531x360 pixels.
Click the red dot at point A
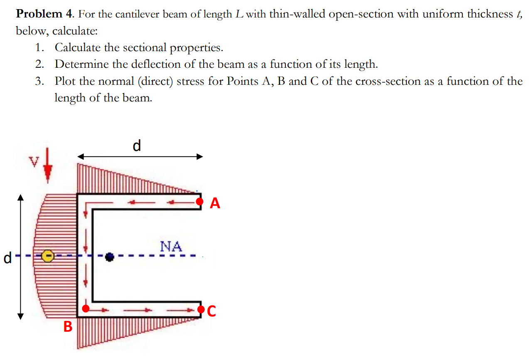click(x=200, y=202)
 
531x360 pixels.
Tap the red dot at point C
click(x=201, y=309)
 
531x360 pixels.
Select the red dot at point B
click(x=86, y=308)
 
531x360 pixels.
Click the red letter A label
click(x=215, y=203)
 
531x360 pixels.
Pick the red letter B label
click(x=68, y=327)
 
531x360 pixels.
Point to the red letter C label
click(x=211, y=311)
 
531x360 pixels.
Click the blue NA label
click(x=171, y=247)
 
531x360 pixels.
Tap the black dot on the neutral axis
click(x=109, y=257)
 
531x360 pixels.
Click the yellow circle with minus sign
click(x=48, y=256)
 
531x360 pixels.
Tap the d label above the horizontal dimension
click(x=137, y=145)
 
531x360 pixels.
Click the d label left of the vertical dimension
click(x=7, y=258)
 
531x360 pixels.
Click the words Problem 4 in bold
click(x=45, y=15)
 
